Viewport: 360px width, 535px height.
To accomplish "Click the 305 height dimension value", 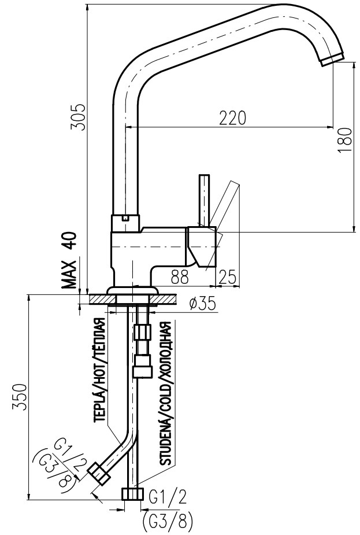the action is click(x=77, y=116).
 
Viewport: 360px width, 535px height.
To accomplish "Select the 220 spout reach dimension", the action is click(x=232, y=118).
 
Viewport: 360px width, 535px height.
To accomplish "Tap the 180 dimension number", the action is click(x=344, y=140).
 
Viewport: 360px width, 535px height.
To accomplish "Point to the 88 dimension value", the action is click(x=180, y=278).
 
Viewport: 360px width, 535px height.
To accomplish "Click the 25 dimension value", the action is click(x=228, y=276).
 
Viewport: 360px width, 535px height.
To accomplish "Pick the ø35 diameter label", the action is click(x=202, y=303).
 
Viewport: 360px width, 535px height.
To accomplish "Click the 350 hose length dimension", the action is click(x=20, y=397).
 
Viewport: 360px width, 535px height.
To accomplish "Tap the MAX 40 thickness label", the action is click(x=70, y=260).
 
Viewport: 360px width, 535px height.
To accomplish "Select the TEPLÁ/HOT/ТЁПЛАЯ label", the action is click(x=99, y=370).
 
